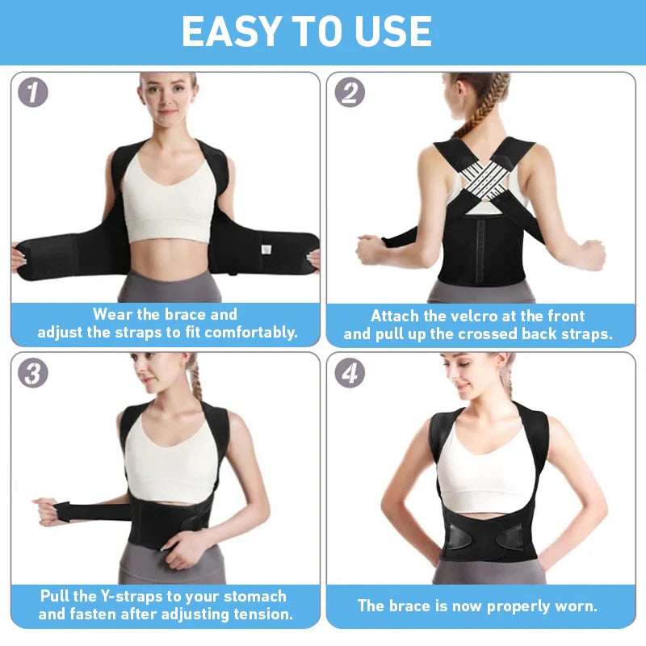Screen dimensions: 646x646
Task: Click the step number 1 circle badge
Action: click(x=33, y=92)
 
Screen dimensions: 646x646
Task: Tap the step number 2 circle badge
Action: click(x=350, y=92)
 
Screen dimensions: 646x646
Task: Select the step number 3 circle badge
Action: click(x=33, y=372)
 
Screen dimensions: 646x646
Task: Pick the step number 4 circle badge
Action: click(x=350, y=372)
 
